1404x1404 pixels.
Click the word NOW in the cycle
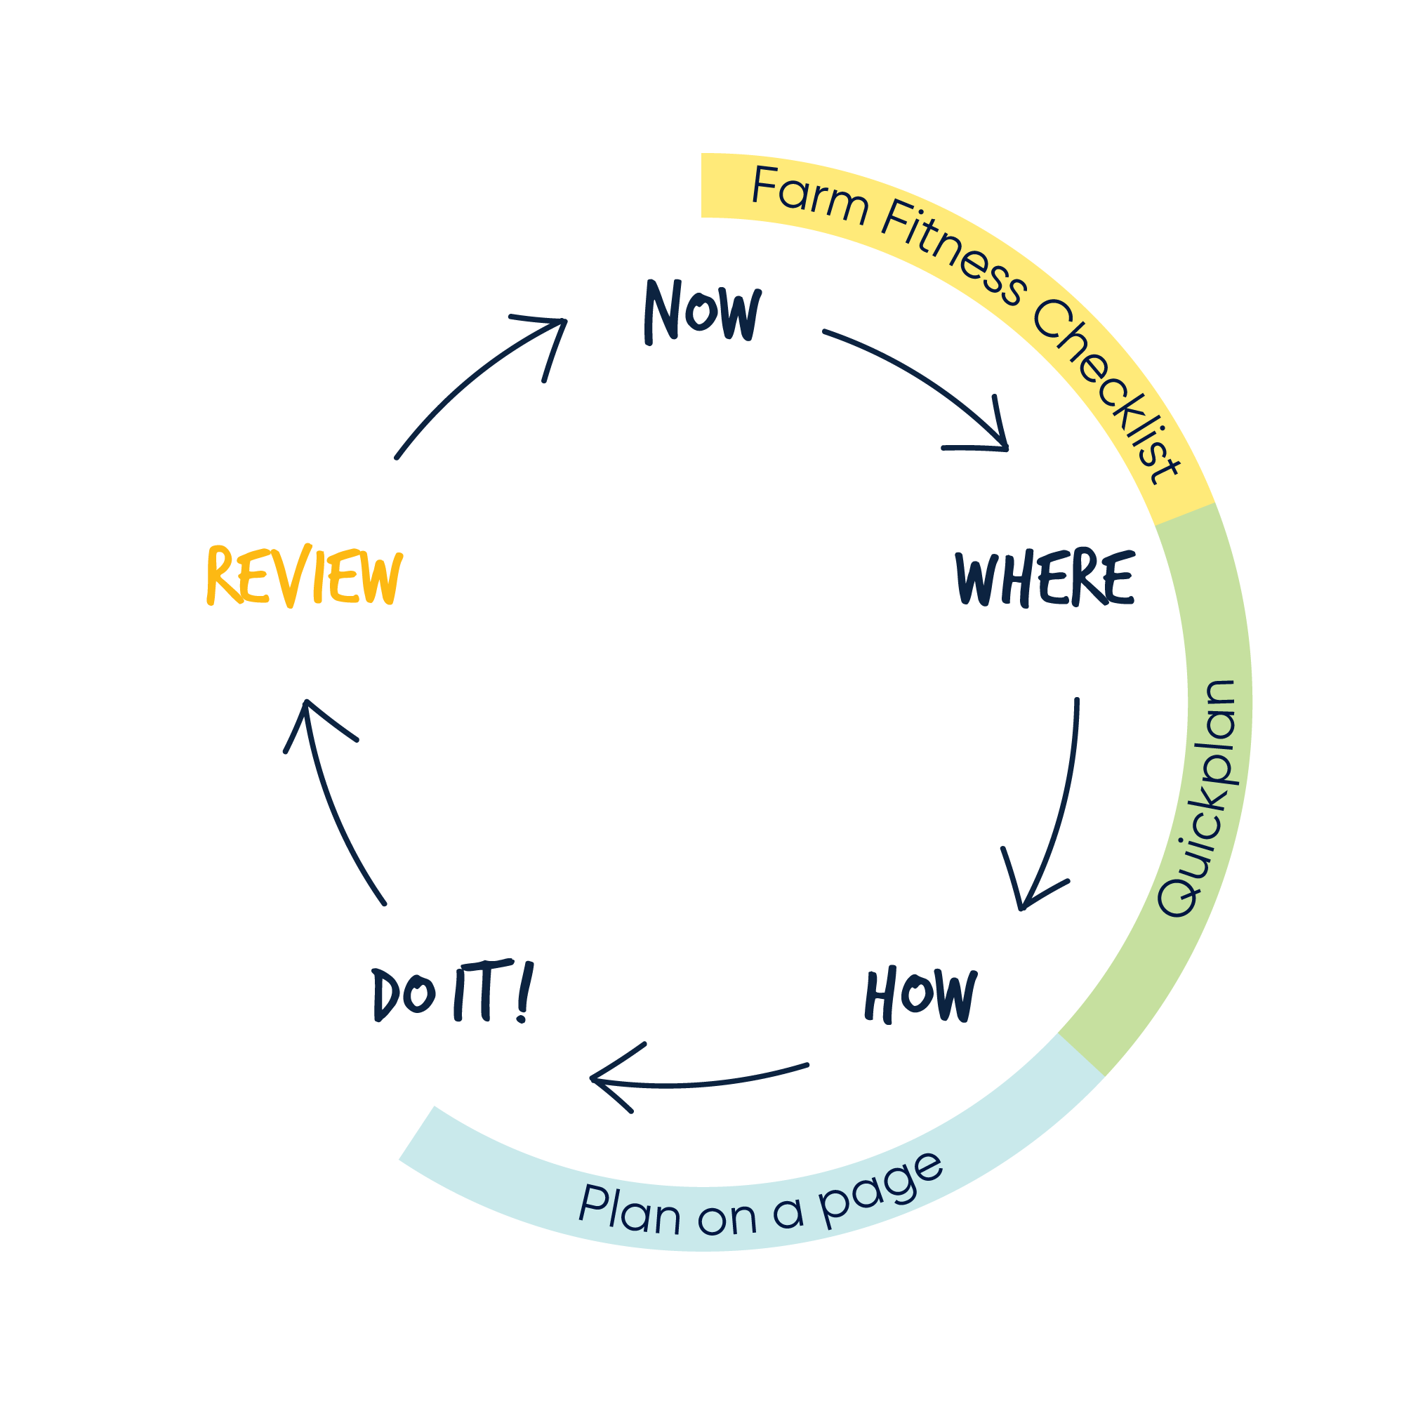[702, 312]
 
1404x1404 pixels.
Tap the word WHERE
[1045, 578]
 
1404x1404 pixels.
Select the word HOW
[920, 995]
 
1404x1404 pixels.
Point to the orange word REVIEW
[304, 576]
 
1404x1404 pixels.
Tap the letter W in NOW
[739, 314]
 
